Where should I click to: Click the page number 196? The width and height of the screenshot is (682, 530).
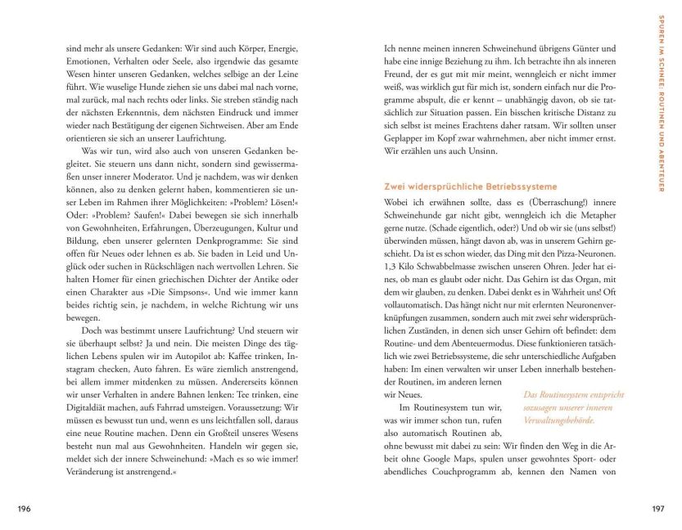coord(24,509)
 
